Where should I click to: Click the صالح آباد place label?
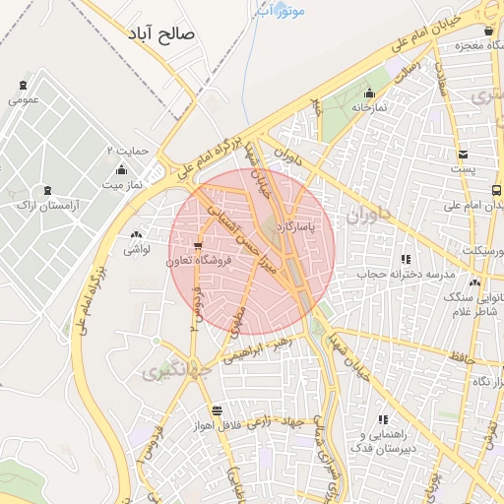click(x=161, y=33)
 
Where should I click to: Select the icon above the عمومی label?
click(x=23, y=86)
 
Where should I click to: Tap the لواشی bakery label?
click(x=136, y=251)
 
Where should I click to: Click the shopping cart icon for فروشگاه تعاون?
click(x=199, y=246)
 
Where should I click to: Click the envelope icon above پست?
click(x=463, y=154)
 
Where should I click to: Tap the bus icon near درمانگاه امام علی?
click(x=495, y=190)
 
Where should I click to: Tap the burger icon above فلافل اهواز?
click(x=217, y=410)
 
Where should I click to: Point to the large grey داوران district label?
click(x=369, y=212)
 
